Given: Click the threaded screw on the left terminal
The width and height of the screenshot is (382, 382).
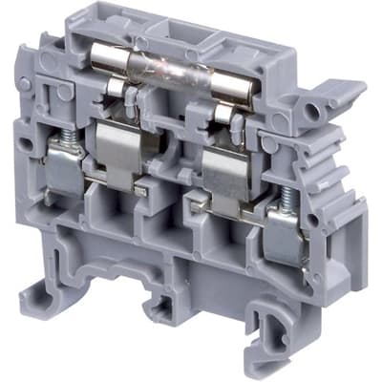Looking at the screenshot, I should (x=58, y=144).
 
